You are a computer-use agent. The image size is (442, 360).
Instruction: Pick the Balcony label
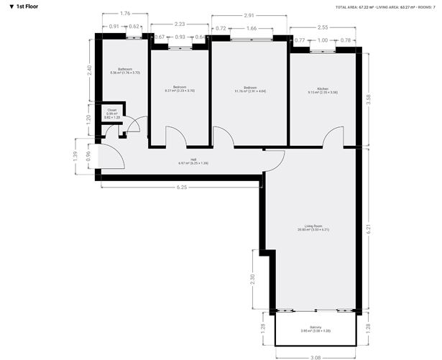click(x=316, y=329)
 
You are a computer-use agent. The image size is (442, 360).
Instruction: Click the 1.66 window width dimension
click(x=251, y=28)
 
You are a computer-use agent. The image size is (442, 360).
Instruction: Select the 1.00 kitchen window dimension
click(x=323, y=40)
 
